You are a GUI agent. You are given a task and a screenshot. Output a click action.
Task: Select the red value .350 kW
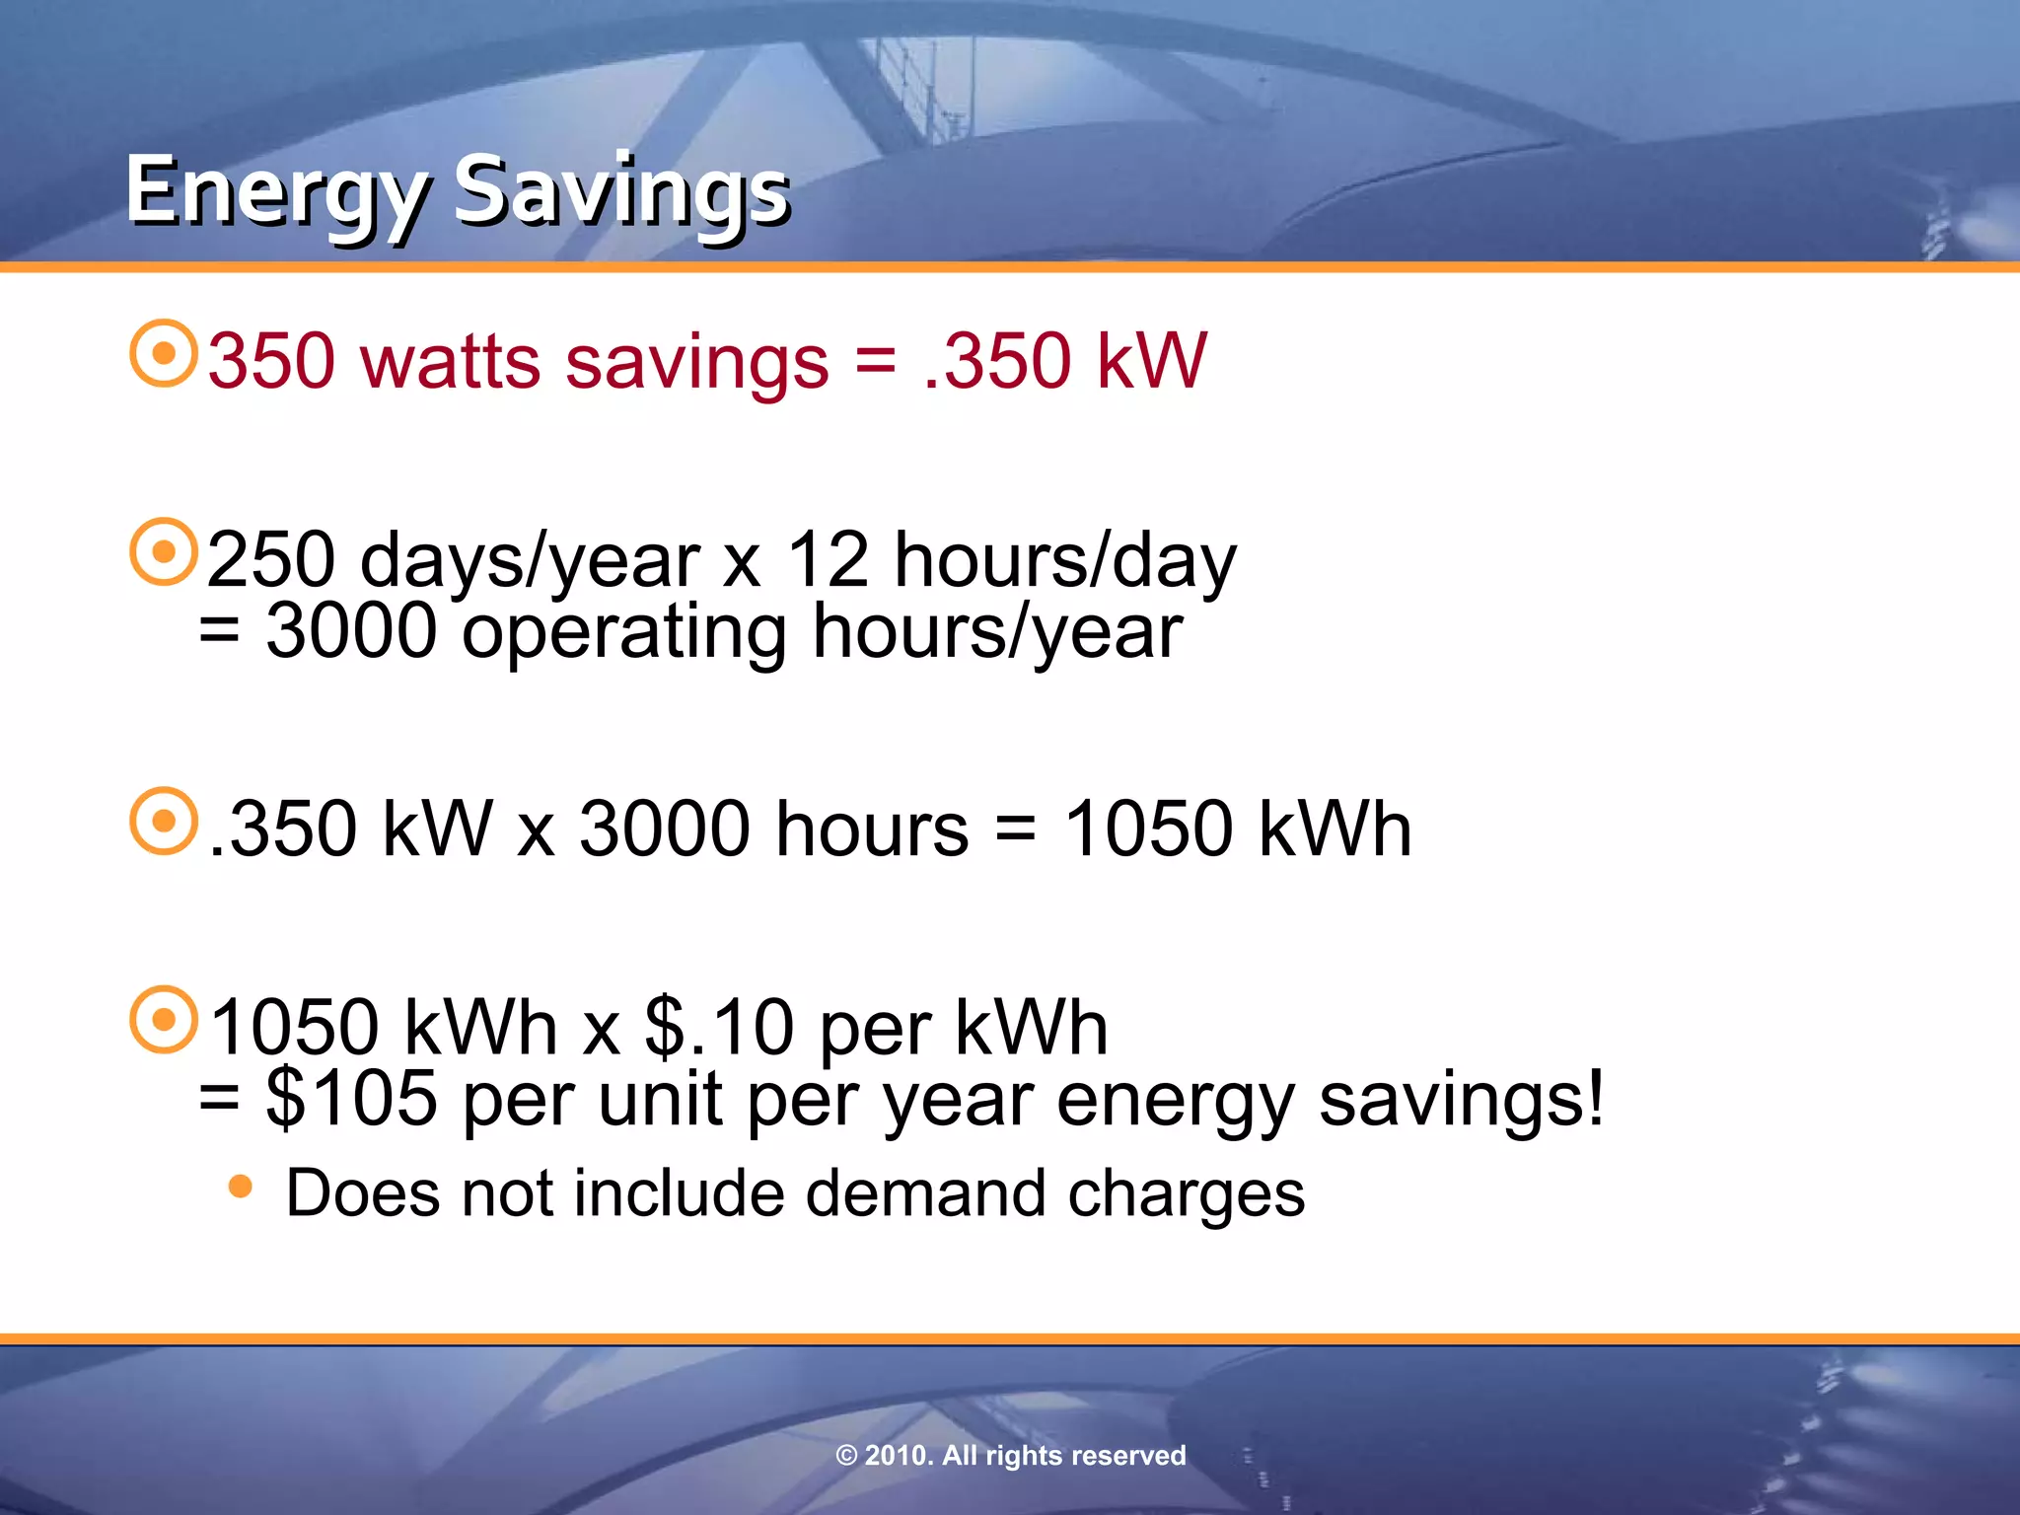pyautogui.click(x=1065, y=361)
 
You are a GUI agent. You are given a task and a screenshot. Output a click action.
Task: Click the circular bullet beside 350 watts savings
pyautogui.click(x=164, y=353)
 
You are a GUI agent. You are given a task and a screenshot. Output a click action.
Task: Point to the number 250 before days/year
pyautogui.click(x=271, y=560)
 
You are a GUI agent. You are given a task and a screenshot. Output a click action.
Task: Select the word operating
pyautogui.click(x=623, y=633)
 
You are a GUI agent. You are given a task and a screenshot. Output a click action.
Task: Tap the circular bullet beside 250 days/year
pyautogui.click(x=164, y=551)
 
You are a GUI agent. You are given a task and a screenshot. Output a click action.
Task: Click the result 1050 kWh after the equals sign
pyautogui.click(x=1238, y=829)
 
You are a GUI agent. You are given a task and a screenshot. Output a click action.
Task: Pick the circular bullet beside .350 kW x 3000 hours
pyautogui.click(x=164, y=821)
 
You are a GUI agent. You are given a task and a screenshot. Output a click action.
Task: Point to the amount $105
pyautogui.click(x=351, y=1099)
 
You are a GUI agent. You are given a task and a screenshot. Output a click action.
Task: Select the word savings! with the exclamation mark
pyautogui.click(x=1462, y=1099)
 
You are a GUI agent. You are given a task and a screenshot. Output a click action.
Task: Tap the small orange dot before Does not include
pyautogui.click(x=240, y=1187)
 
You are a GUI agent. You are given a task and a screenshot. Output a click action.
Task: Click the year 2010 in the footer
pyautogui.click(x=897, y=1456)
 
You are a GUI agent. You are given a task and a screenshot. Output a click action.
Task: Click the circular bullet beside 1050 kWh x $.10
pyautogui.click(x=164, y=1020)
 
